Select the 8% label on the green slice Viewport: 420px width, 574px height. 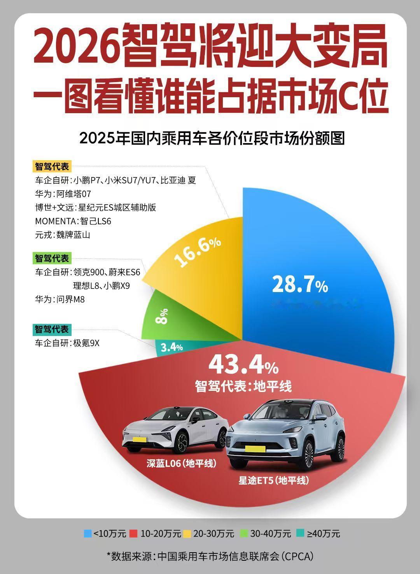pyautogui.click(x=162, y=316)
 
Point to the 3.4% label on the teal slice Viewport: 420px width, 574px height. pyautogui.click(x=171, y=347)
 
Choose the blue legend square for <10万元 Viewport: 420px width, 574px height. pyautogui.click(x=88, y=533)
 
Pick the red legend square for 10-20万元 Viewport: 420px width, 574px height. pyautogui.click(x=133, y=533)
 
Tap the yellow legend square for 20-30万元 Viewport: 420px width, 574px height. pyautogui.click(x=187, y=533)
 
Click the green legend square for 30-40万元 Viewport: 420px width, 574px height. pyautogui.click(x=244, y=533)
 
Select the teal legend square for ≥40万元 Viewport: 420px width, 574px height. pyautogui.click(x=300, y=533)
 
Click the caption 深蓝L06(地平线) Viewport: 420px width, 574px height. pyautogui.click(x=181, y=463)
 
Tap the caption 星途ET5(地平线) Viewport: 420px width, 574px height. pyautogui.click(x=274, y=480)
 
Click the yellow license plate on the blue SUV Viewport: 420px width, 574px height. pyautogui.click(x=255, y=449)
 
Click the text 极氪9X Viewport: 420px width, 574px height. pyautogui.click(x=86, y=343)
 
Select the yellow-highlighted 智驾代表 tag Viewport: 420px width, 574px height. pyautogui.click(x=52, y=166)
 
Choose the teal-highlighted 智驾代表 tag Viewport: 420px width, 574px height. pyautogui.click(x=51, y=329)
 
